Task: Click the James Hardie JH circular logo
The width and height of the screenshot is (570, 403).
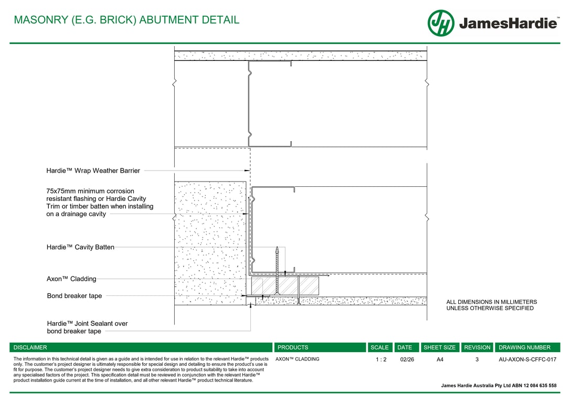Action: click(440, 23)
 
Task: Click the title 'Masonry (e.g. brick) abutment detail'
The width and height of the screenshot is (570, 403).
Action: click(126, 20)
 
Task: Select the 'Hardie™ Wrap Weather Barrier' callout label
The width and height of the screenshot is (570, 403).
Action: click(93, 171)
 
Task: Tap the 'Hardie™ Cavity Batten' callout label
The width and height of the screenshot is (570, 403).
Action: click(80, 247)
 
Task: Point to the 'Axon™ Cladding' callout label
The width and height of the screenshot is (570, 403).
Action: click(71, 279)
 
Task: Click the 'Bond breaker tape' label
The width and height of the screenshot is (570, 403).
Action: click(74, 296)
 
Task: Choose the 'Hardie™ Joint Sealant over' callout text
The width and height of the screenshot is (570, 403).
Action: click(87, 324)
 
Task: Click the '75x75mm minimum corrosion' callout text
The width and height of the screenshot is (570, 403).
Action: click(90, 191)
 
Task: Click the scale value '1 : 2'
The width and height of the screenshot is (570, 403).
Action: click(381, 359)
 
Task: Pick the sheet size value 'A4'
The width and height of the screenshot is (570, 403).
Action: click(440, 359)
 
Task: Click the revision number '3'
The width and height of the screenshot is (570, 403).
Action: click(477, 359)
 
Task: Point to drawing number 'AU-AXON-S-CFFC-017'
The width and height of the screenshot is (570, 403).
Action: click(527, 359)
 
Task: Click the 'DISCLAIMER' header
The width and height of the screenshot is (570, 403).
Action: click(30, 347)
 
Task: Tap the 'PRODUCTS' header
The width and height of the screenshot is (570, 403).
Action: click(293, 347)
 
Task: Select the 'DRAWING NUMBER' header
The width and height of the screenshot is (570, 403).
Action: click(524, 347)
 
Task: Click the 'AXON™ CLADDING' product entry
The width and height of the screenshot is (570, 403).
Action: click(297, 359)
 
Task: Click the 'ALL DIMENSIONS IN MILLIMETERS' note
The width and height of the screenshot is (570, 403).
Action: click(491, 302)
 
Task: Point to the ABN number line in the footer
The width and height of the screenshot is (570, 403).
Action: click(499, 386)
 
